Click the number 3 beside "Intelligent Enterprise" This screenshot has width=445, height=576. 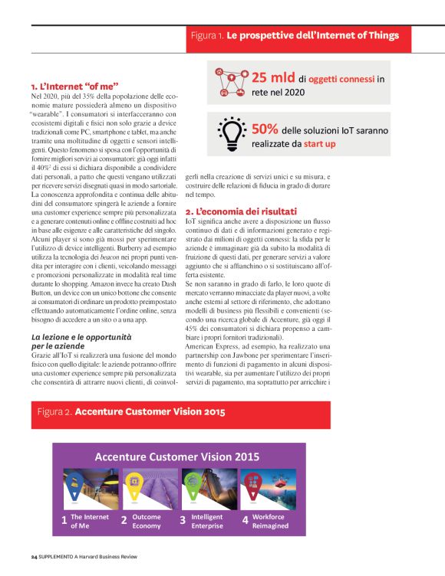pyautogui.click(x=183, y=521)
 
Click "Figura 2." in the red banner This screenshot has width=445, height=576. pyautogui.click(x=54, y=412)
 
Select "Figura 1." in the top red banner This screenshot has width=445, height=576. pyautogui.click(x=207, y=35)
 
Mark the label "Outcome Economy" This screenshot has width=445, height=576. pyautogui.click(x=147, y=521)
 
